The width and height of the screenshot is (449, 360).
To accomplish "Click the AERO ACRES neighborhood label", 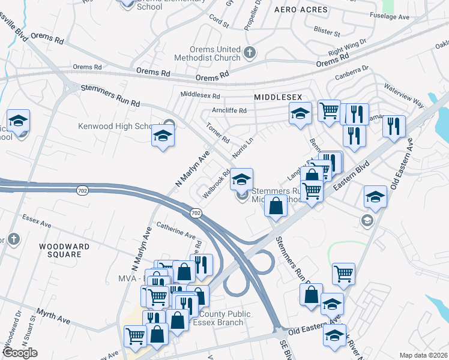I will [301, 10].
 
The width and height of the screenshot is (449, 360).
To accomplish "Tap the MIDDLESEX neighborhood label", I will [277, 97].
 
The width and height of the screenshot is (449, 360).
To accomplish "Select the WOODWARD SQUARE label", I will [64, 250].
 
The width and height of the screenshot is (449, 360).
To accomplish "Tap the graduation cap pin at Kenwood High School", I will [163, 136].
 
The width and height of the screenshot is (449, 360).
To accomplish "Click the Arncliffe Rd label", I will [229, 110].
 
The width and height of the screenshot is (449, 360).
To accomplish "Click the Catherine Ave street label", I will [176, 230].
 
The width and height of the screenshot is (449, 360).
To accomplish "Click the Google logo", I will [20, 353].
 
